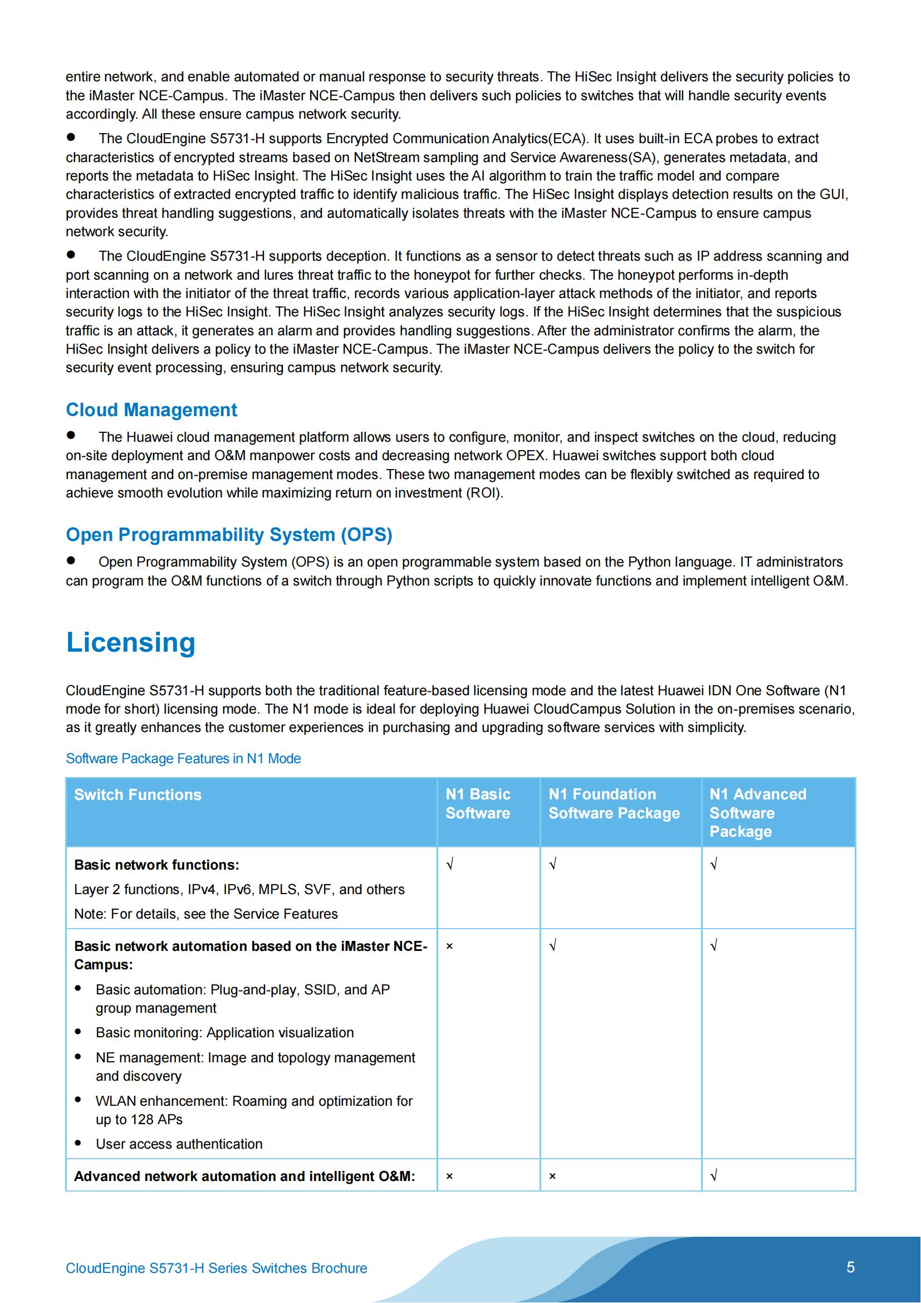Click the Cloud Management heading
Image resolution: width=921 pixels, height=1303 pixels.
point(151,410)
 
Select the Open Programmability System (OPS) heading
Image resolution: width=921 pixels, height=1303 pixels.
point(228,535)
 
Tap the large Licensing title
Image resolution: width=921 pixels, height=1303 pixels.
point(130,642)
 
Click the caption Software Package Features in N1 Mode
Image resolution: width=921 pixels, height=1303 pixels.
point(183,759)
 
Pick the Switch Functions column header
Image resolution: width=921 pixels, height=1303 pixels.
point(137,794)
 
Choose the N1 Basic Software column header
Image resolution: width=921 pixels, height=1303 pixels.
point(478,804)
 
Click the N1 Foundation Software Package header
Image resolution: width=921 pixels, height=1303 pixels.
point(614,804)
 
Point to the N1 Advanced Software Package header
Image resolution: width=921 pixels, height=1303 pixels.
point(757,813)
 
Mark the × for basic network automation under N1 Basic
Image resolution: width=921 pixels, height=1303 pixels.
point(449,946)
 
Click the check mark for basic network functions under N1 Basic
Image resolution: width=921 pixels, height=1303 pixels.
point(449,865)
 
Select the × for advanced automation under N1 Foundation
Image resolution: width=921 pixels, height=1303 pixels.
point(552,1177)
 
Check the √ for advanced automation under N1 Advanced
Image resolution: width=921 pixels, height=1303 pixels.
point(714,1176)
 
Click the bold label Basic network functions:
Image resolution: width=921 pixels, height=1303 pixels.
point(156,865)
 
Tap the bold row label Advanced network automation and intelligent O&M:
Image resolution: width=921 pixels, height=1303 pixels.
point(244,1177)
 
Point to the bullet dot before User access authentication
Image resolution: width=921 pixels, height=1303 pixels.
point(79,1143)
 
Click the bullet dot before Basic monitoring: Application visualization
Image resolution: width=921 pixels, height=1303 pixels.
point(79,1032)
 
